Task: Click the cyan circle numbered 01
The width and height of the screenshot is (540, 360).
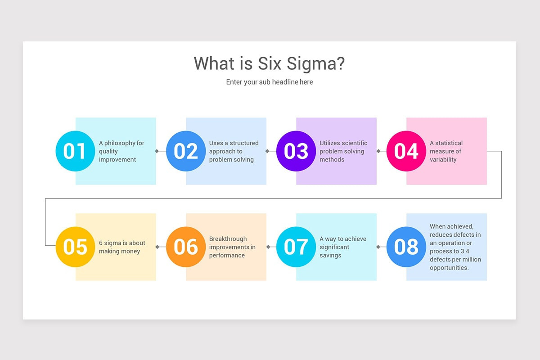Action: click(75, 151)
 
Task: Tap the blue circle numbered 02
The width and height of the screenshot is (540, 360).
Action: click(186, 151)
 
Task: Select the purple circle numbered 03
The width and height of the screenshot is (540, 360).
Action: click(296, 151)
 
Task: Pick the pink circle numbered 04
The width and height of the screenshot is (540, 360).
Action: click(406, 151)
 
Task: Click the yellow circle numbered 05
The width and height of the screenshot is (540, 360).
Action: click(75, 247)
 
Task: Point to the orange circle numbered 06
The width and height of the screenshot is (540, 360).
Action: click(186, 247)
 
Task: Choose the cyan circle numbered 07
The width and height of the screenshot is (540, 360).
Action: click(296, 247)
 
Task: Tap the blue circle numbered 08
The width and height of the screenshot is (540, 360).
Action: click(406, 247)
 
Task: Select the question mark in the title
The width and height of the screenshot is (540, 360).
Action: click(340, 63)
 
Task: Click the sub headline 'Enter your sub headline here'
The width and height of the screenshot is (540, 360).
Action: click(270, 82)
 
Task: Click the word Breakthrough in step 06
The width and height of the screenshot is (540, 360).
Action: click(228, 238)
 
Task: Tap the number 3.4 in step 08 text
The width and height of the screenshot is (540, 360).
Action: click(465, 251)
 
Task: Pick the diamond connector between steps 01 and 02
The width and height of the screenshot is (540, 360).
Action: click(157, 151)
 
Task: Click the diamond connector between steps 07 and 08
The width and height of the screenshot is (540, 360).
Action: click(378, 247)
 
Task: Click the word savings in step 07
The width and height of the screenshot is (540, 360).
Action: click(330, 256)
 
